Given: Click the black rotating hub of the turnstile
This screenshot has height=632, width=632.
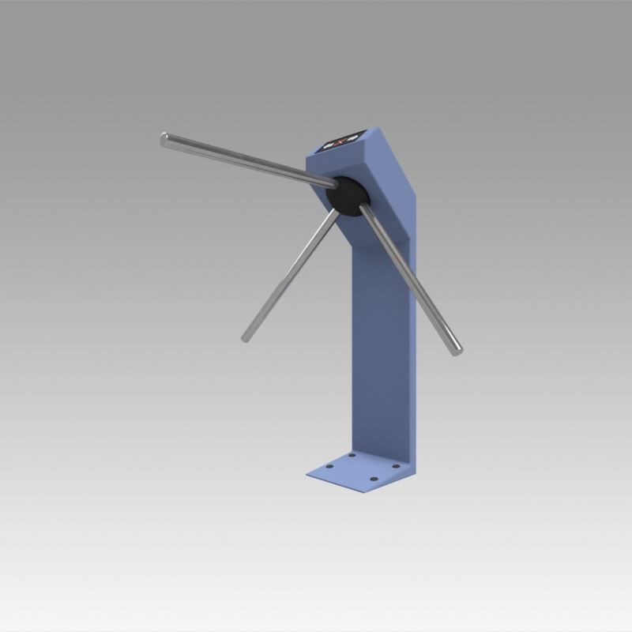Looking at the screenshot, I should click(347, 195).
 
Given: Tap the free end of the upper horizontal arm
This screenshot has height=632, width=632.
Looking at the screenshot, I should click(164, 139).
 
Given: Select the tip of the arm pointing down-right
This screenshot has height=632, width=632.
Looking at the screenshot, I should click(457, 350).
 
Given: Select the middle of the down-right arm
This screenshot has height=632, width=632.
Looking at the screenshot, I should click(408, 276).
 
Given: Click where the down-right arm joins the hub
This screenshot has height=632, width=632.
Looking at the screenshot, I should click(362, 209).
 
